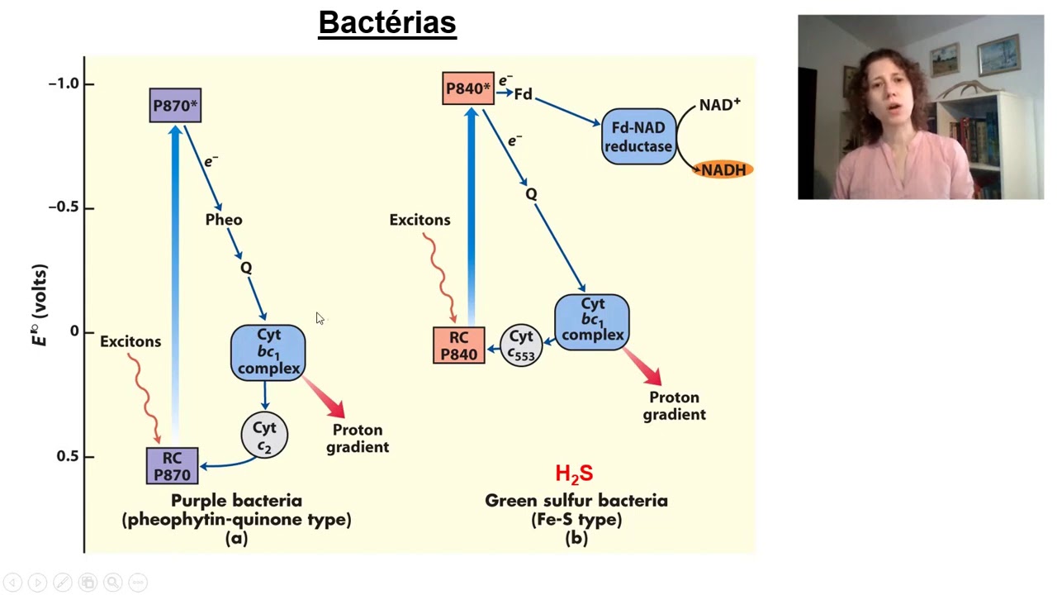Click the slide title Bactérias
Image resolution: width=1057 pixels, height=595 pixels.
387,22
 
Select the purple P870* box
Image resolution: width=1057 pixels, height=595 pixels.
175,106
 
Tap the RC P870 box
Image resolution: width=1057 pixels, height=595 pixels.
172,466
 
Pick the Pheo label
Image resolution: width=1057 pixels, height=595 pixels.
224,220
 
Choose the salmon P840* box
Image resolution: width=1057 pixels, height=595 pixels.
468,88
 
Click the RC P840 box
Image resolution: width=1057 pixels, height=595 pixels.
458,345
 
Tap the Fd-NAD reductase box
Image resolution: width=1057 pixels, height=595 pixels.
638,137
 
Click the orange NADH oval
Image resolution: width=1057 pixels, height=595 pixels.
723,170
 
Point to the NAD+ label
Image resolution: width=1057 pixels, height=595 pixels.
719,105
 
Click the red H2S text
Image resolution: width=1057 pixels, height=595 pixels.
574,474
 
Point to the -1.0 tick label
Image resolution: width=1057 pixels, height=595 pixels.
64,83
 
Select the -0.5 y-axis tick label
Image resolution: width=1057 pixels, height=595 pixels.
64,207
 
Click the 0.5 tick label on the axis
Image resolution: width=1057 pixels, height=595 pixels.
69,456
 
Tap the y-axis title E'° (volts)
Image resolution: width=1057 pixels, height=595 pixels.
40,305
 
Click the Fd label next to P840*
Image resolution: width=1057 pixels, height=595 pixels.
523,94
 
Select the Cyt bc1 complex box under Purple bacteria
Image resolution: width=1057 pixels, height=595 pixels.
268,352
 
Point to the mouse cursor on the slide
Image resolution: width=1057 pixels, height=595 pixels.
320,318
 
